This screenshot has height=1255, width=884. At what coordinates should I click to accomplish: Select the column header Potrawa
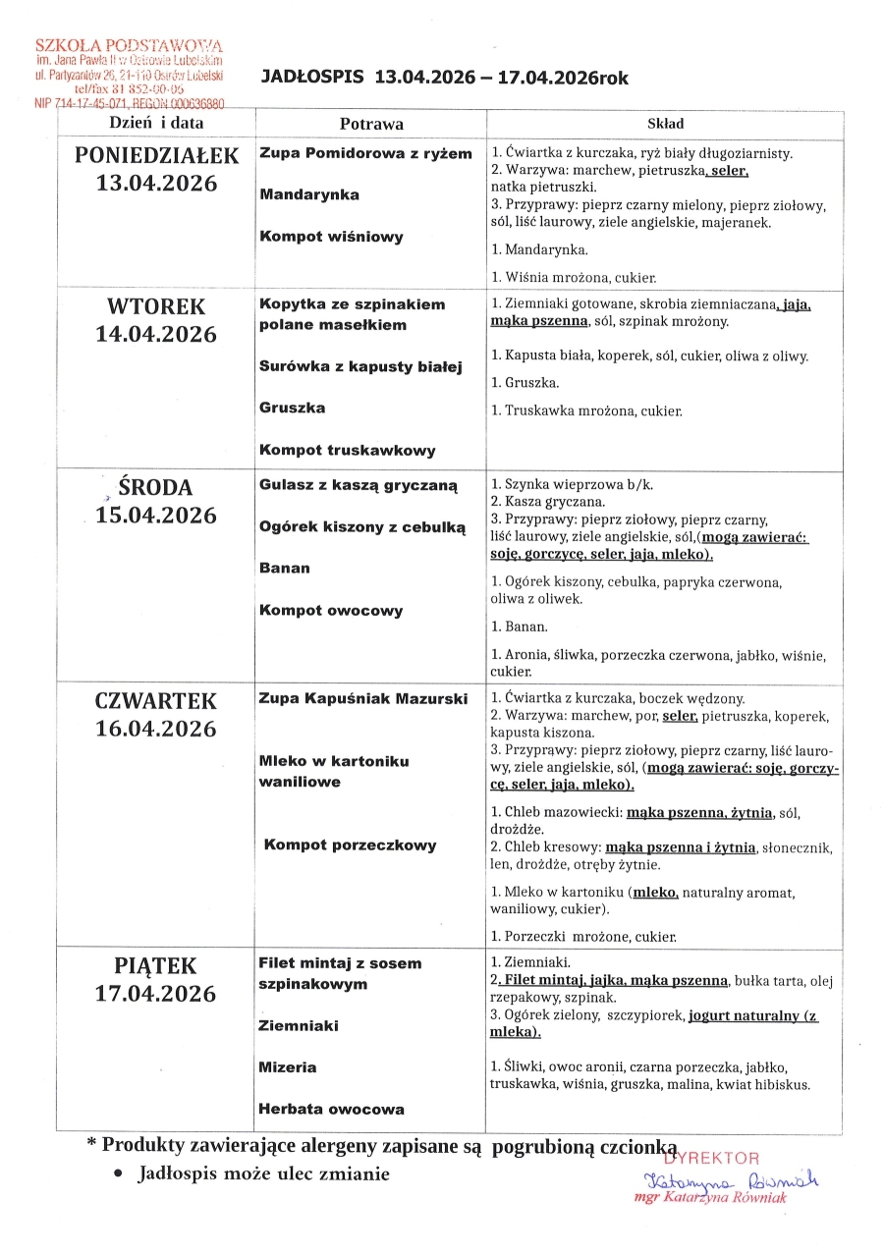point(371,125)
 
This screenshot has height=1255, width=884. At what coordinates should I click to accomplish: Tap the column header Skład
point(665,125)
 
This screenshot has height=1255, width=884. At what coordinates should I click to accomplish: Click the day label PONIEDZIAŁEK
point(157,155)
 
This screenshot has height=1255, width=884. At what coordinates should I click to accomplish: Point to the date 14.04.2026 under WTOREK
point(156,334)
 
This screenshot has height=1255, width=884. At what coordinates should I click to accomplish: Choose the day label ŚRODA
point(156,487)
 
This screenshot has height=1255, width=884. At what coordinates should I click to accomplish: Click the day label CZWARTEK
point(156,701)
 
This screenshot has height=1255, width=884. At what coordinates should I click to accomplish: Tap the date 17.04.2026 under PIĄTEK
point(156,994)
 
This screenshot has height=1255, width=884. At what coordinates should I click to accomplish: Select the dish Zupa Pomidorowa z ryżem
point(365,153)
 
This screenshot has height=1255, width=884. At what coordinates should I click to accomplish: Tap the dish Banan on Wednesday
point(284,568)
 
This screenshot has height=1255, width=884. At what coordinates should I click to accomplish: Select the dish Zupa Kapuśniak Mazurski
point(360,699)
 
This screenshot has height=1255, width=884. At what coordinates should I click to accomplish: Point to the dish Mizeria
point(288,1067)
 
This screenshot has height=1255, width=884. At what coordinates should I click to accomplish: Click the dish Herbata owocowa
point(331,1110)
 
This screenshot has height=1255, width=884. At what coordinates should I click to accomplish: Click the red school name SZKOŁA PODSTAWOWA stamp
point(129,46)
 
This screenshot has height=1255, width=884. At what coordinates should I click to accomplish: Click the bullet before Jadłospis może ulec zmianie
point(118,1174)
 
